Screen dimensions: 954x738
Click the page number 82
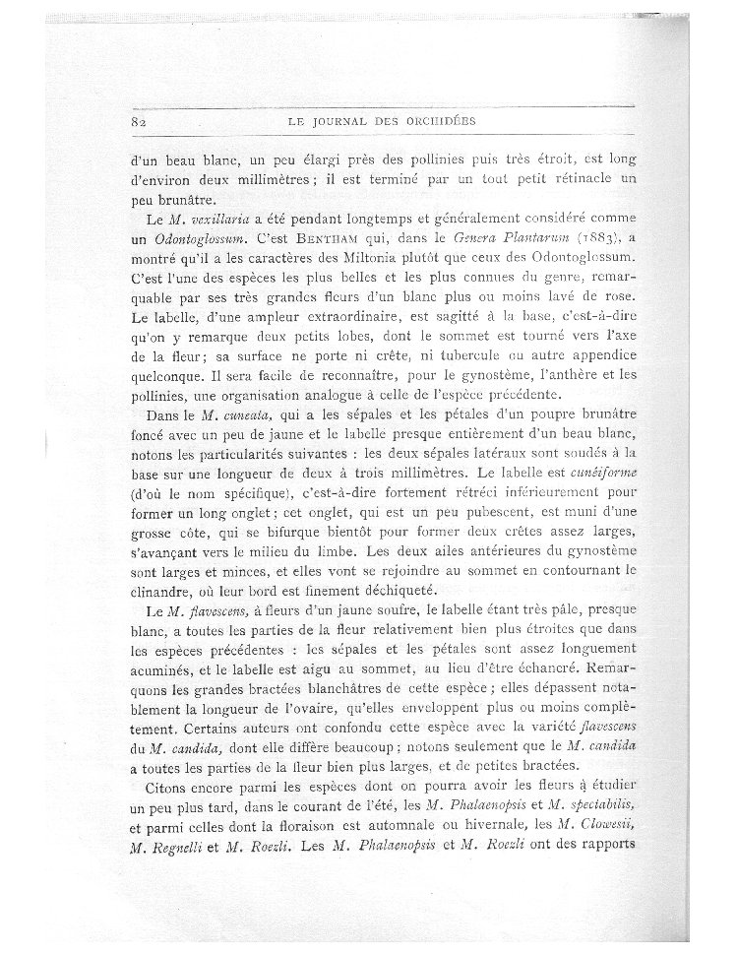click(x=137, y=123)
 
